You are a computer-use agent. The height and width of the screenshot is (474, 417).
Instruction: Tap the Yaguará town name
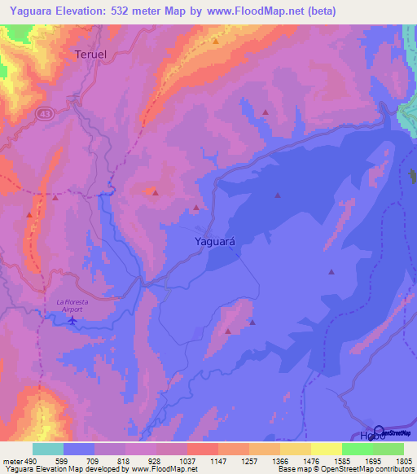[x=217, y=241]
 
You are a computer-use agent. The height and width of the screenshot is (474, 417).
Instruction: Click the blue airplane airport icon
[x=72, y=320]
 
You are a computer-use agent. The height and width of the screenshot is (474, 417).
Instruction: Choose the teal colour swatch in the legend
[x=48, y=449]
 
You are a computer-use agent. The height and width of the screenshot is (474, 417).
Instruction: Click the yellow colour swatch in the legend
[x=326, y=449]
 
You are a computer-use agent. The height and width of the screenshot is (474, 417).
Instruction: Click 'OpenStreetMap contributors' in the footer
[x=367, y=469]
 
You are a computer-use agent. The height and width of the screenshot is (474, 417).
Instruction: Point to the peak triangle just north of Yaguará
[x=196, y=208]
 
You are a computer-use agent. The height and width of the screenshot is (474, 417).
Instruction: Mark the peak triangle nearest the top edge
[x=216, y=40]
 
